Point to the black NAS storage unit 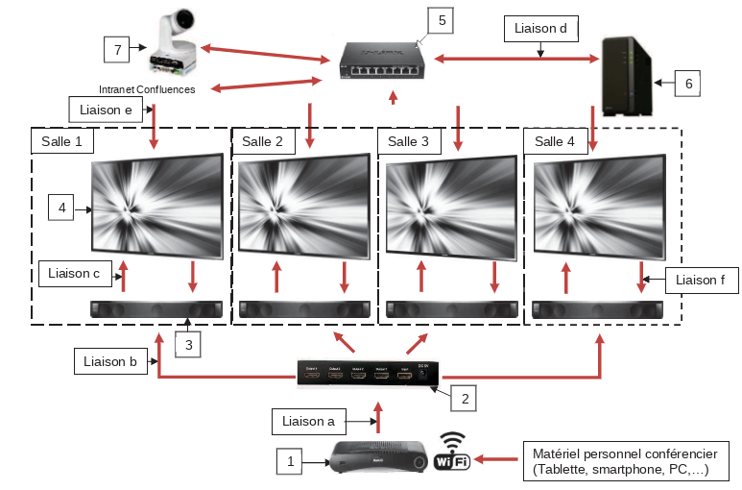623,74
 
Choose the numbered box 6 687,84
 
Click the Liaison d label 540,29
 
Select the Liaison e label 107,110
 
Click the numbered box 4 62,207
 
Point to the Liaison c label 74,274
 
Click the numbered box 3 189,344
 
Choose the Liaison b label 107,361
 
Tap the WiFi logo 453,452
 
